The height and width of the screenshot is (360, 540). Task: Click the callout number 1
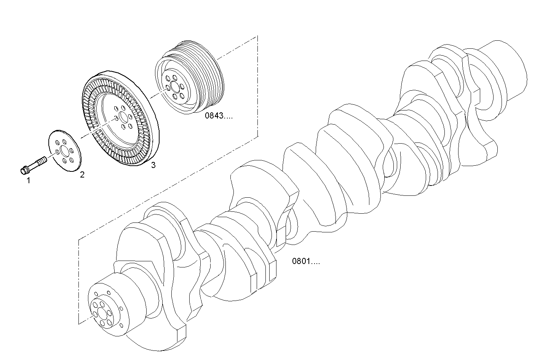point(28,181)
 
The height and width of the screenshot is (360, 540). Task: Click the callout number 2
point(82,175)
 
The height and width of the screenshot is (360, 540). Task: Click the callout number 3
point(153,165)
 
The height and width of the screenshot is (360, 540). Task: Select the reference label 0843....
point(219,116)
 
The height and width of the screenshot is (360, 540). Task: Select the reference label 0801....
point(306,261)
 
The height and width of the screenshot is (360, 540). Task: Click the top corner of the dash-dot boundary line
point(258,36)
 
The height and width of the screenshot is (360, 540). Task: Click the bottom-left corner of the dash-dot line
point(78,324)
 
